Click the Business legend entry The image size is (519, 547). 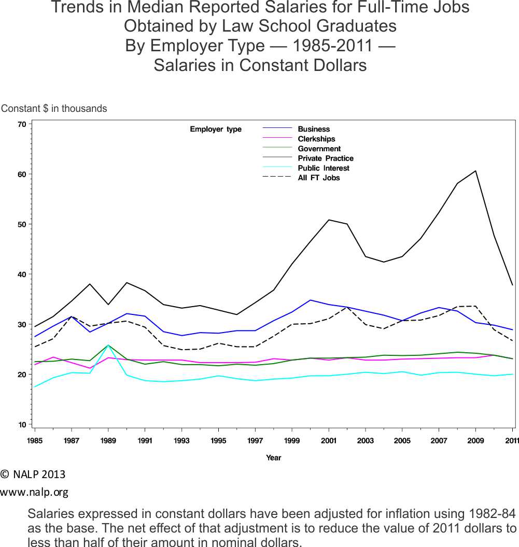(x=313, y=129)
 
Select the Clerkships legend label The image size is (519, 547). (x=316, y=139)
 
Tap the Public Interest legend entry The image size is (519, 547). (x=323, y=168)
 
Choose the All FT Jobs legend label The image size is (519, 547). (x=318, y=178)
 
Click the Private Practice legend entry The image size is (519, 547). (x=325, y=159)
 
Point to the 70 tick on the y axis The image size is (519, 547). (x=21, y=124)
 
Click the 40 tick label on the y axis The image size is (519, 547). (x=21, y=275)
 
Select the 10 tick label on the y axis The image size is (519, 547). (x=21, y=425)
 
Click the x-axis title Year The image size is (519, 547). (x=273, y=457)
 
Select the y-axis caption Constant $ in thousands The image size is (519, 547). (x=54, y=109)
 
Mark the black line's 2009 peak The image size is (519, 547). (x=475, y=171)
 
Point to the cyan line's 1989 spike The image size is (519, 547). (x=108, y=346)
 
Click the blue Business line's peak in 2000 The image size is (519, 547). (x=310, y=300)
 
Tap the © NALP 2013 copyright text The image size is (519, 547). (x=33, y=474)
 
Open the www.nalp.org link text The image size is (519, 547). (x=34, y=492)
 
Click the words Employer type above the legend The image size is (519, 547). (x=216, y=129)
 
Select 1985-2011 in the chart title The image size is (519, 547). (x=332, y=46)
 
